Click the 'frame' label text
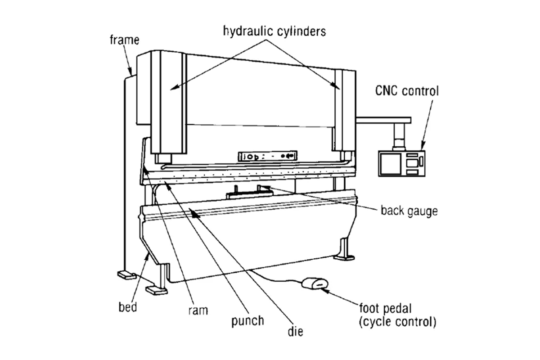point(125,40)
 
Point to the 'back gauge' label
point(409,211)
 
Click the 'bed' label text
point(128,308)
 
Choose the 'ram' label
point(197,310)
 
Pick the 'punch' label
point(247,321)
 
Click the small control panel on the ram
point(267,156)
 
